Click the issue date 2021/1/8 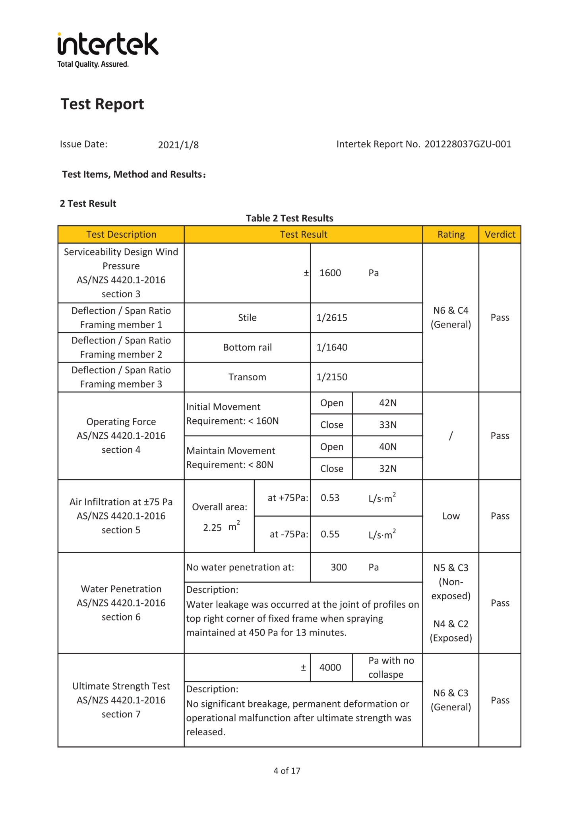click(178, 145)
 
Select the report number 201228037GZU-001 click(468, 144)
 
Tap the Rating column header click(451, 235)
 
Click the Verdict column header click(499, 235)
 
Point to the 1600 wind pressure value click(330, 273)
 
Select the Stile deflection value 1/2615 click(332, 318)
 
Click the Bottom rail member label click(247, 347)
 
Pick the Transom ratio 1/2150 click(332, 377)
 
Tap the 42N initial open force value click(387, 403)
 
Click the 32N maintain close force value click(387, 469)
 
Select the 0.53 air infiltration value click(330, 498)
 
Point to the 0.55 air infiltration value click(330, 534)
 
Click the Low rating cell click(451, 516)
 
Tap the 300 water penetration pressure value click(339, 567)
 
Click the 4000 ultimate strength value click(330, 667)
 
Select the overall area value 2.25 click(212, 528)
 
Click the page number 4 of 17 click(287, 771)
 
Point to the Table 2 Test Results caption click(289, 218)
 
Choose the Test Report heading click(102, 104)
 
